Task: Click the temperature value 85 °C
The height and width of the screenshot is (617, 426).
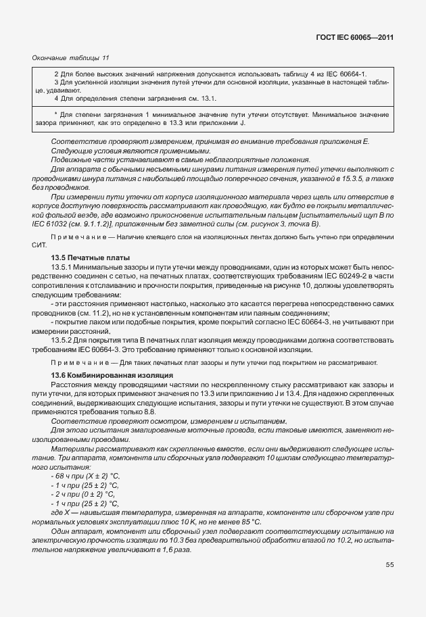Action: pos(247,522)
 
